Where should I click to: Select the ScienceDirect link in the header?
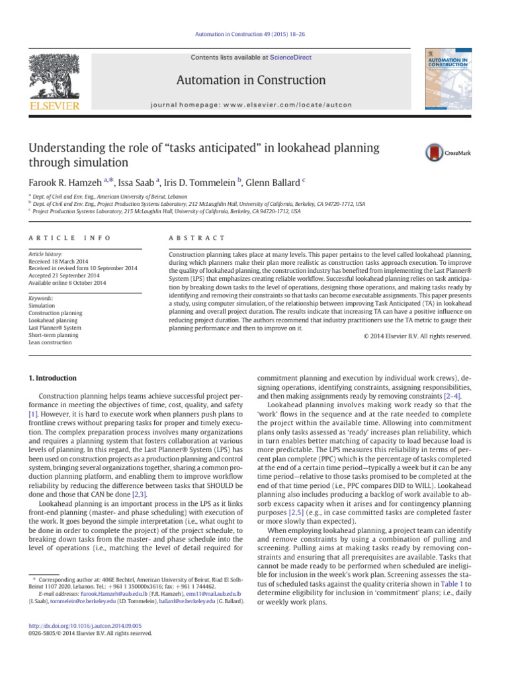(x=290, y=58)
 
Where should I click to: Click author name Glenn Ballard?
(x=272, y=183)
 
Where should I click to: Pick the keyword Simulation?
(x=43, y=287)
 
